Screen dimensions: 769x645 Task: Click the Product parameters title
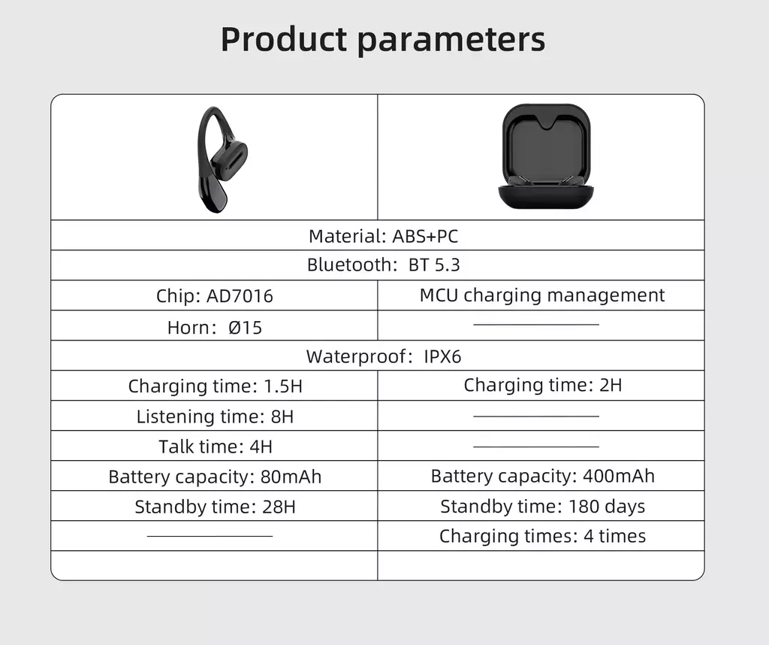pyautogui.click(x=383, y=39)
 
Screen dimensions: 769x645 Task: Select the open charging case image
pyautogui.click(x=546, y=156)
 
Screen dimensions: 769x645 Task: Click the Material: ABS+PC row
pyautogui.click(x=383, y=236)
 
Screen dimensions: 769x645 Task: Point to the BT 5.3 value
pyautogui.click(x=434, y=265)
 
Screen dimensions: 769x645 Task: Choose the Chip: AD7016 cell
pyautogui.click(x=214, y=296)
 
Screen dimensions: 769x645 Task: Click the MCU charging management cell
pyautogui.click(x=542, y=295)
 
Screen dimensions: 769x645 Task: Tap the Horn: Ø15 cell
pyautogui.click(x=214, y=328)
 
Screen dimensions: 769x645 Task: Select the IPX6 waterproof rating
pyautogui.click(x=442, y=356)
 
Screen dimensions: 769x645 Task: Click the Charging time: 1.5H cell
pyautogui.click(x=215, y=386)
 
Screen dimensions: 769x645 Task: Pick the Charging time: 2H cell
pyautogui.click(x=542, y=386)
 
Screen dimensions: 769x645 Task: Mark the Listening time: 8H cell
pyautogui.click(x=215, y=416)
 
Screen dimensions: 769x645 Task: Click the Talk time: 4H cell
pyautogui.click(x=215, y=447)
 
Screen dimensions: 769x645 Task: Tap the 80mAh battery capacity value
pyautogui.click(x=291, y=477)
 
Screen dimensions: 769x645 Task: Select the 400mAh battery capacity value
pyautogui.click(x=619, y=476)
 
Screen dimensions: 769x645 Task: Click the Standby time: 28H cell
pyautogui.click(x=215, y=507)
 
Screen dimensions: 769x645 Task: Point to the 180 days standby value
pyautogui.click(x=607, y=506)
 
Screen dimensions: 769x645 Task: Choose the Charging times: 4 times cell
pyautogui.click(x=542, y=536)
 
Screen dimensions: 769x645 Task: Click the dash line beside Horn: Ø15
pyautogui.click(x=536, y=325)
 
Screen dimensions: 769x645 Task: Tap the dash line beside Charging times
pyautogui.click(x=210, y=536)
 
